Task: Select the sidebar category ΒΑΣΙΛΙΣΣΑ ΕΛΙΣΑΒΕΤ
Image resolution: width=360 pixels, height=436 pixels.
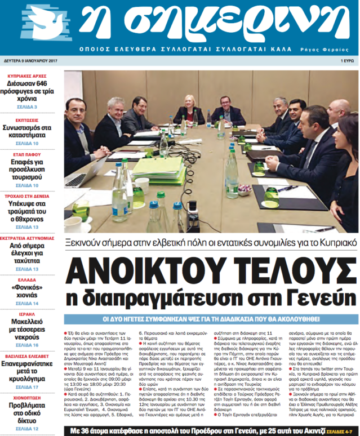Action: click(x=29, y=355)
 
